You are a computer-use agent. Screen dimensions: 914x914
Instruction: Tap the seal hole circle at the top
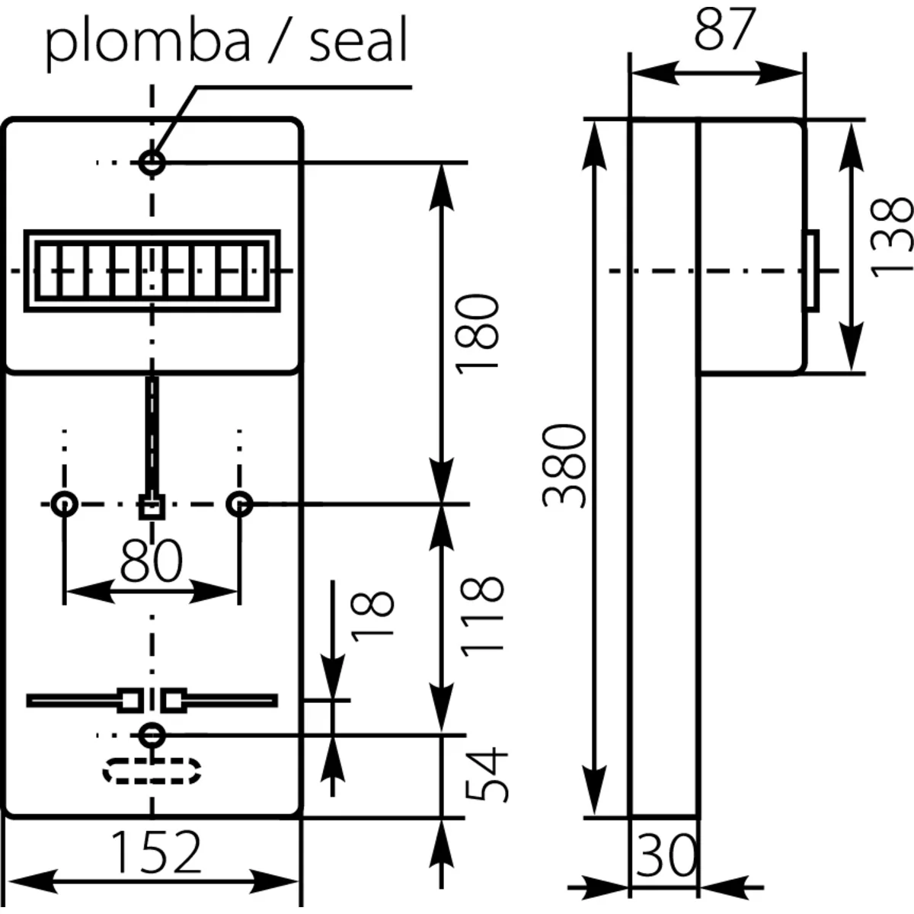[x=153, y=161]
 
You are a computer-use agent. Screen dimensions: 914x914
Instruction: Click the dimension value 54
[x=486, y=774]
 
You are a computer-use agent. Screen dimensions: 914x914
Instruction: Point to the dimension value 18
[x=374, y=615]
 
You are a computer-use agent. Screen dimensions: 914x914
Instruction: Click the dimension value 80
[x=152, y=561]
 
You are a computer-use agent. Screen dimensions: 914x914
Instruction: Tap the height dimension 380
[x=564, y=466]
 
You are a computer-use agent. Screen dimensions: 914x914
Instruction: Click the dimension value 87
[x=724, y=30]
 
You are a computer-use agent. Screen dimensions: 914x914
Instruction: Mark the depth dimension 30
[x=664, y=855]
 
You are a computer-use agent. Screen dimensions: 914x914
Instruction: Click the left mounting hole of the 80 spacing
[x=65, y=503]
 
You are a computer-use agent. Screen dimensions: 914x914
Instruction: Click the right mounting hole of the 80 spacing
[x=240, y=503]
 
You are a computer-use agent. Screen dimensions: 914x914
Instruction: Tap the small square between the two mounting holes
[x=152, y=506]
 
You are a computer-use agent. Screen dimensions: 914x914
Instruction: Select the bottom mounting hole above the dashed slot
[x=153, y=735]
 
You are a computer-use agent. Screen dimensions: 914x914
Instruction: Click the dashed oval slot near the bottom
[x=152, y=771]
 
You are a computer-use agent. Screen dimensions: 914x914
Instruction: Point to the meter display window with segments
[x=152, y=270]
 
